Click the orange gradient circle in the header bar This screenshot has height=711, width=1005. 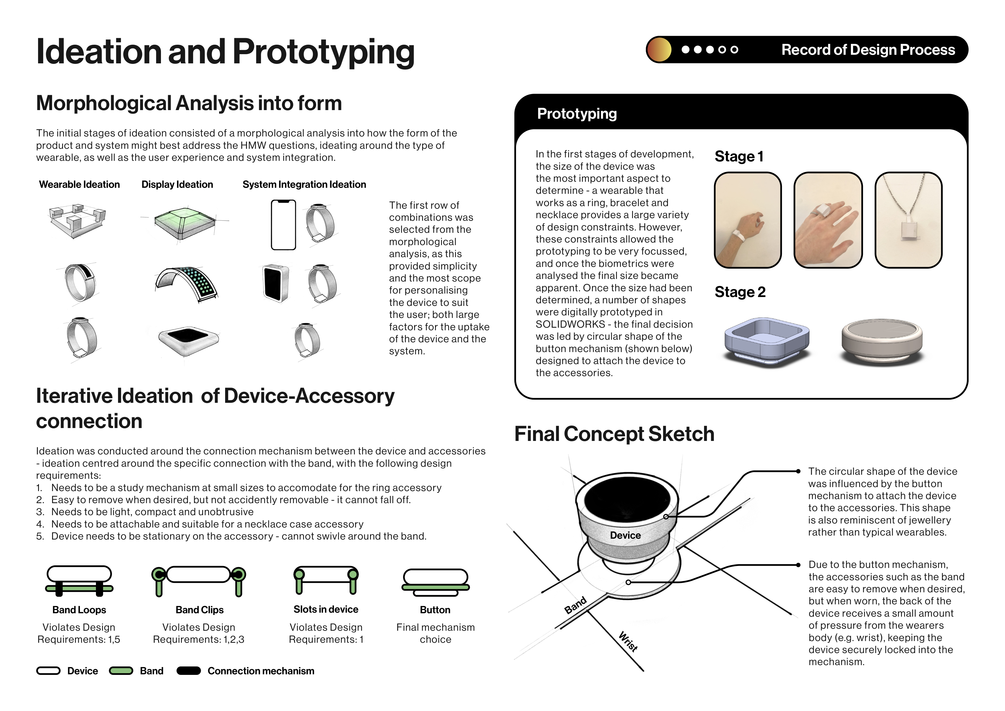point(659,50)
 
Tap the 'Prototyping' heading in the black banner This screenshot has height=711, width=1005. point(577,114)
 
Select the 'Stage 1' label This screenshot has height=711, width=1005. point(739,157)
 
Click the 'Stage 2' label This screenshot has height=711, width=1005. point(740,292)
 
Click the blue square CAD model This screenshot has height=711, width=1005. point(767,342)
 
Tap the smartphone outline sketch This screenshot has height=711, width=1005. point(284,225)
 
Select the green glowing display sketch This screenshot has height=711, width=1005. point(184,223)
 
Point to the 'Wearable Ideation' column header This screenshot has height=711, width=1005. point(79,184)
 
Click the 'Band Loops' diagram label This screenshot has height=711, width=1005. point(79,610)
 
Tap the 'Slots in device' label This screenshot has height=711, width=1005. point(326,609)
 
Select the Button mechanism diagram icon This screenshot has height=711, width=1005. point(436,583)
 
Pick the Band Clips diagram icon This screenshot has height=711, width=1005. point(199,581)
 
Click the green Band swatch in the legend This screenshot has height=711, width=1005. point(121,671)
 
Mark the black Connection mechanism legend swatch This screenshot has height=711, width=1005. point(189,671)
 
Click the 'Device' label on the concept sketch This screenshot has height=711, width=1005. point(626,535)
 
